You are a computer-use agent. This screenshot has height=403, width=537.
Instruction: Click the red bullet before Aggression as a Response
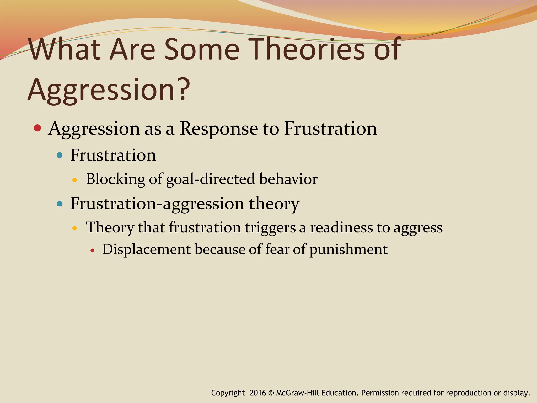37,128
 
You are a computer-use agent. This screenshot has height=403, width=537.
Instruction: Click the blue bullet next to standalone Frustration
60,155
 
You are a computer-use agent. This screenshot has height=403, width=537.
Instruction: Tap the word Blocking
115,179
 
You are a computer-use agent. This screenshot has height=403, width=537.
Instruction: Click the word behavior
288,179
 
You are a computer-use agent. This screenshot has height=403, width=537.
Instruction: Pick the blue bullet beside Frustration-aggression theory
60,204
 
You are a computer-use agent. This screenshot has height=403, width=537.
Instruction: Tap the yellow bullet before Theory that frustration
74,228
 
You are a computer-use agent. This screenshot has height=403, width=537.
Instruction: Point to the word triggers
270,228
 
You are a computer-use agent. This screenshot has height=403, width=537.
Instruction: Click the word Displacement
146,249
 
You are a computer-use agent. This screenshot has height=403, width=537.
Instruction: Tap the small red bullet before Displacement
92,251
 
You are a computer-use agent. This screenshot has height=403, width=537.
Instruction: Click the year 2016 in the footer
258,393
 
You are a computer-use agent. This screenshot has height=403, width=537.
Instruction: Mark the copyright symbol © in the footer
271,393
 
